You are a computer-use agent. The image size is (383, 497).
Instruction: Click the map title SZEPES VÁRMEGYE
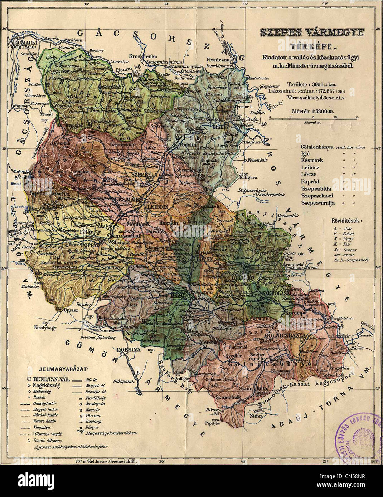click(x=312, y=33)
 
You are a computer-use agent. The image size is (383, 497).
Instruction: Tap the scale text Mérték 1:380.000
click(x=312, y=111)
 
